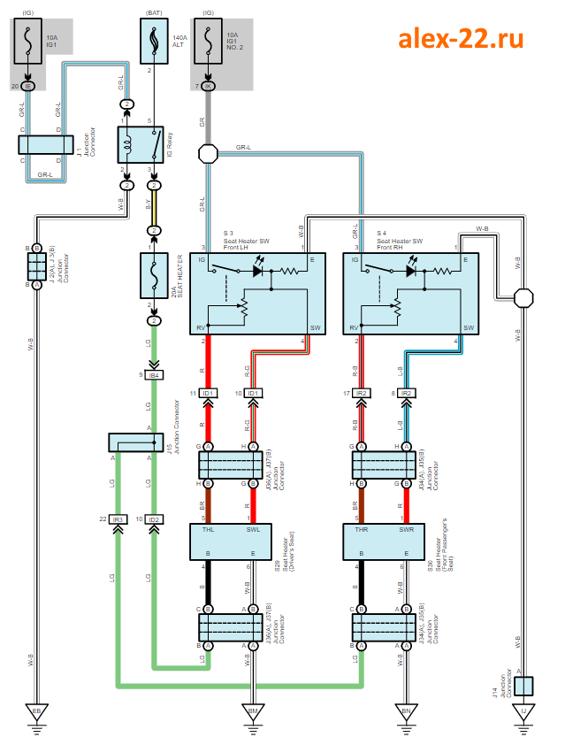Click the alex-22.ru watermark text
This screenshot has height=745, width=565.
click(460, 38)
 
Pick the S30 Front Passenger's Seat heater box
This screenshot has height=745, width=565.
click(384, 541)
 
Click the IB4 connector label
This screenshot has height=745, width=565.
click(155, 376)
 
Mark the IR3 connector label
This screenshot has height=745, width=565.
click(118, 519)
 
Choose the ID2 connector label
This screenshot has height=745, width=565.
click(155, 519)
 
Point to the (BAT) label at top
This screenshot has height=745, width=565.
click(155, 12)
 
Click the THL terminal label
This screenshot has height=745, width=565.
click(207, 531)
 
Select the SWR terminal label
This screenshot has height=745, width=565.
click(407, 531)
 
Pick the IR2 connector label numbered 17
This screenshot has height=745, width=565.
click(361, 393)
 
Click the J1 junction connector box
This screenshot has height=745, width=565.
click(45, 145)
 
